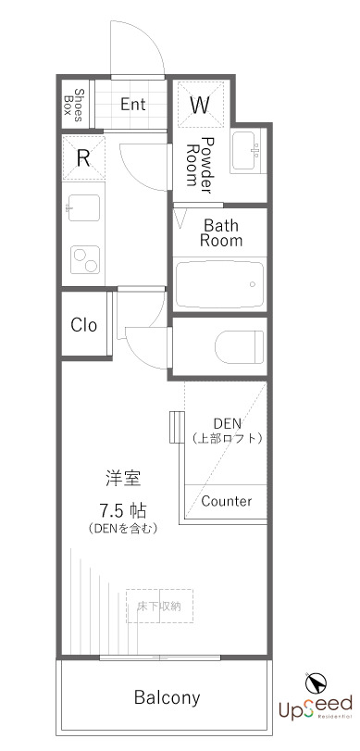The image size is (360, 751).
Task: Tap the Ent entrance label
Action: [x=132, y=104]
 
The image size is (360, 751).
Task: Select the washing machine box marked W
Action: [x=200, y=104]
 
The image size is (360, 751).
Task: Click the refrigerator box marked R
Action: [x=83, y=157]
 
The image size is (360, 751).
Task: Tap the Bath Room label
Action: [x=222, y=232]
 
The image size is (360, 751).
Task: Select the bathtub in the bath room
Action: [x=220, y=282]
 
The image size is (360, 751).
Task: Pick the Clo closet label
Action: [x=83, y=325]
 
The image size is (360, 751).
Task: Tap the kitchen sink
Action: [x=82, y=209]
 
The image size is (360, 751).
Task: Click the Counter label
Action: [x=226, y=501]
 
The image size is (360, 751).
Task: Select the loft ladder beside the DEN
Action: [x=173, y=429]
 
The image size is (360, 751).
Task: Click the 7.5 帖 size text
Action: [x=125, y=510]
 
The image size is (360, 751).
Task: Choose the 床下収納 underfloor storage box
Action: [x=159, y=606]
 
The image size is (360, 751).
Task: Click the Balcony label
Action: [x=167, y=697]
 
